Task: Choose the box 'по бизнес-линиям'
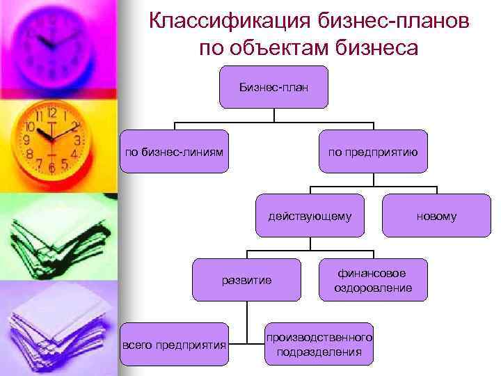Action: point(174,150)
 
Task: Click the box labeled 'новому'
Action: point(436,216)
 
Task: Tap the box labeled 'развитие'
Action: point(246,280)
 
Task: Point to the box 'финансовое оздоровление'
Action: point(372,280)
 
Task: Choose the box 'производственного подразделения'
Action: point(319,344)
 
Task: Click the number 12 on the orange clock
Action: point(51,112)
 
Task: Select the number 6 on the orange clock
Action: point(51,168)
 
